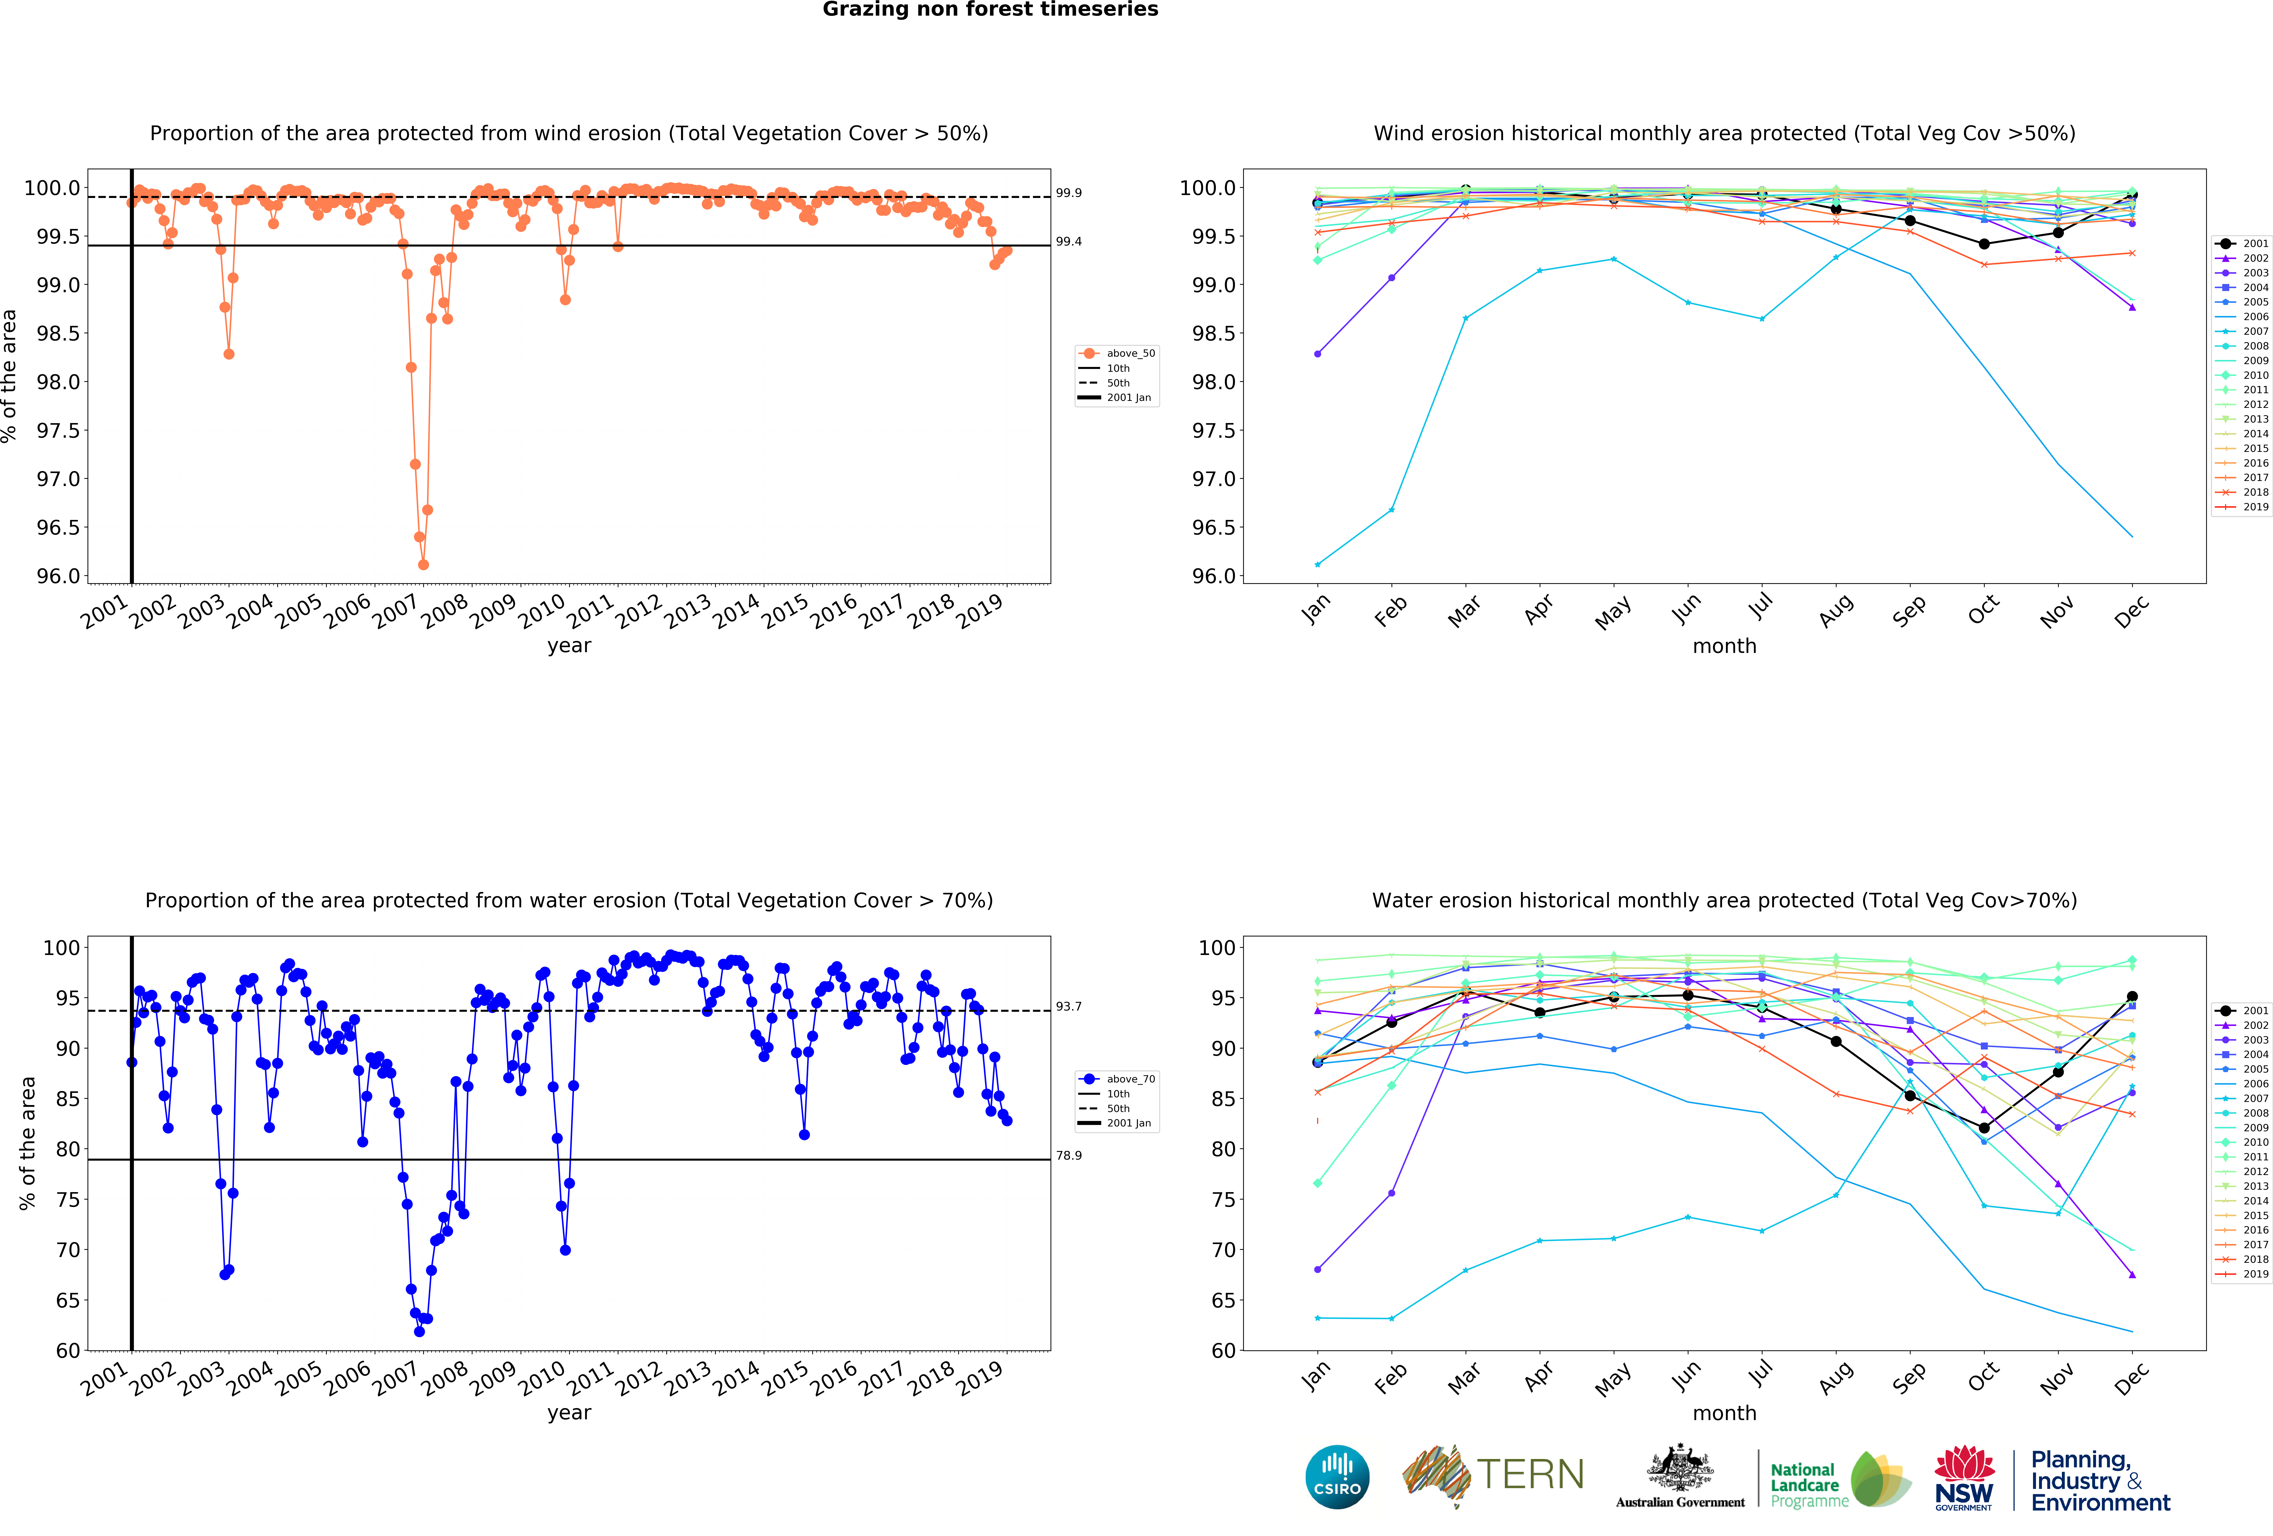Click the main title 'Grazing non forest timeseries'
(990, 10)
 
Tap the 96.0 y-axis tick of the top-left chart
(59, 576)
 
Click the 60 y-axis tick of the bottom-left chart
(69, 1351)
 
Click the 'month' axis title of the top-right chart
(1724, 647)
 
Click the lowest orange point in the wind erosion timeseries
(423, 564)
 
